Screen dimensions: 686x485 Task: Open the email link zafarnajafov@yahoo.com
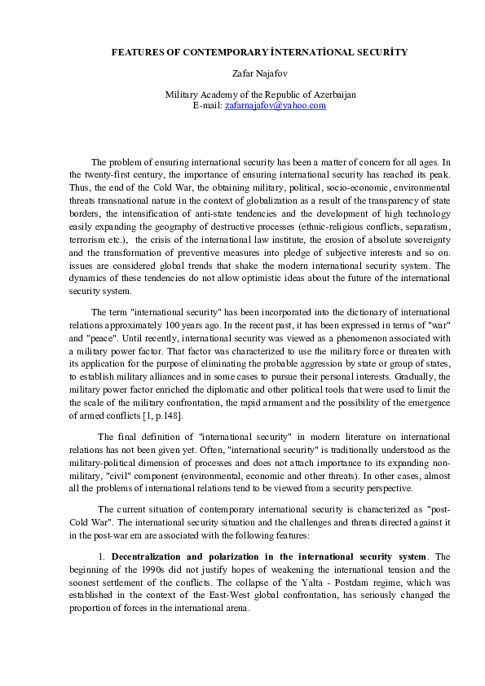(x=275, y=106)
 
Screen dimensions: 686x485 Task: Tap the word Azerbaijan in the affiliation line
(x=330, y=95)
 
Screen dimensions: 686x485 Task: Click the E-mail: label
(x=207, y=106)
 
